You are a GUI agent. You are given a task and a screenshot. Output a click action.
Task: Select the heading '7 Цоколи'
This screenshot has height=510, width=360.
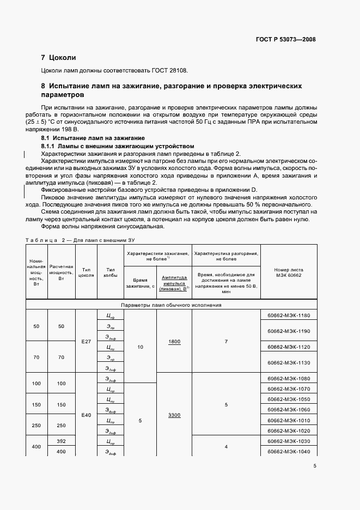pos(59,57)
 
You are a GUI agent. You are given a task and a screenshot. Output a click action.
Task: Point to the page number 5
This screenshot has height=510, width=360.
pos(315,465)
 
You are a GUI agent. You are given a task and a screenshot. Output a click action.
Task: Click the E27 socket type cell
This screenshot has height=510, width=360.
pos(86,342)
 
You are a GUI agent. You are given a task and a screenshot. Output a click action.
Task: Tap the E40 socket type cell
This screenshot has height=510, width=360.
pos(86,415)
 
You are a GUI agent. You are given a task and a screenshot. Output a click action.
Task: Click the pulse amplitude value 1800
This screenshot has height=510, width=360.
pos(174,342)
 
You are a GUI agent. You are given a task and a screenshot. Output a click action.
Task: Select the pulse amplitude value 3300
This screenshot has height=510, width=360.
pos(174,415)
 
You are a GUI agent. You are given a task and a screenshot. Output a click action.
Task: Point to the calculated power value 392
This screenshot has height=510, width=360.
pos(61,441)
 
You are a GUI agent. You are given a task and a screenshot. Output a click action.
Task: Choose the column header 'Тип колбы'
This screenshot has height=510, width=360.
pos(111,272)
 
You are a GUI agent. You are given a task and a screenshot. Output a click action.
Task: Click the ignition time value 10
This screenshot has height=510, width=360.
pos(141,347)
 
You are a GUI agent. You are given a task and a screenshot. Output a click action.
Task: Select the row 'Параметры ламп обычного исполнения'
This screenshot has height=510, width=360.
pos(170,305)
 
